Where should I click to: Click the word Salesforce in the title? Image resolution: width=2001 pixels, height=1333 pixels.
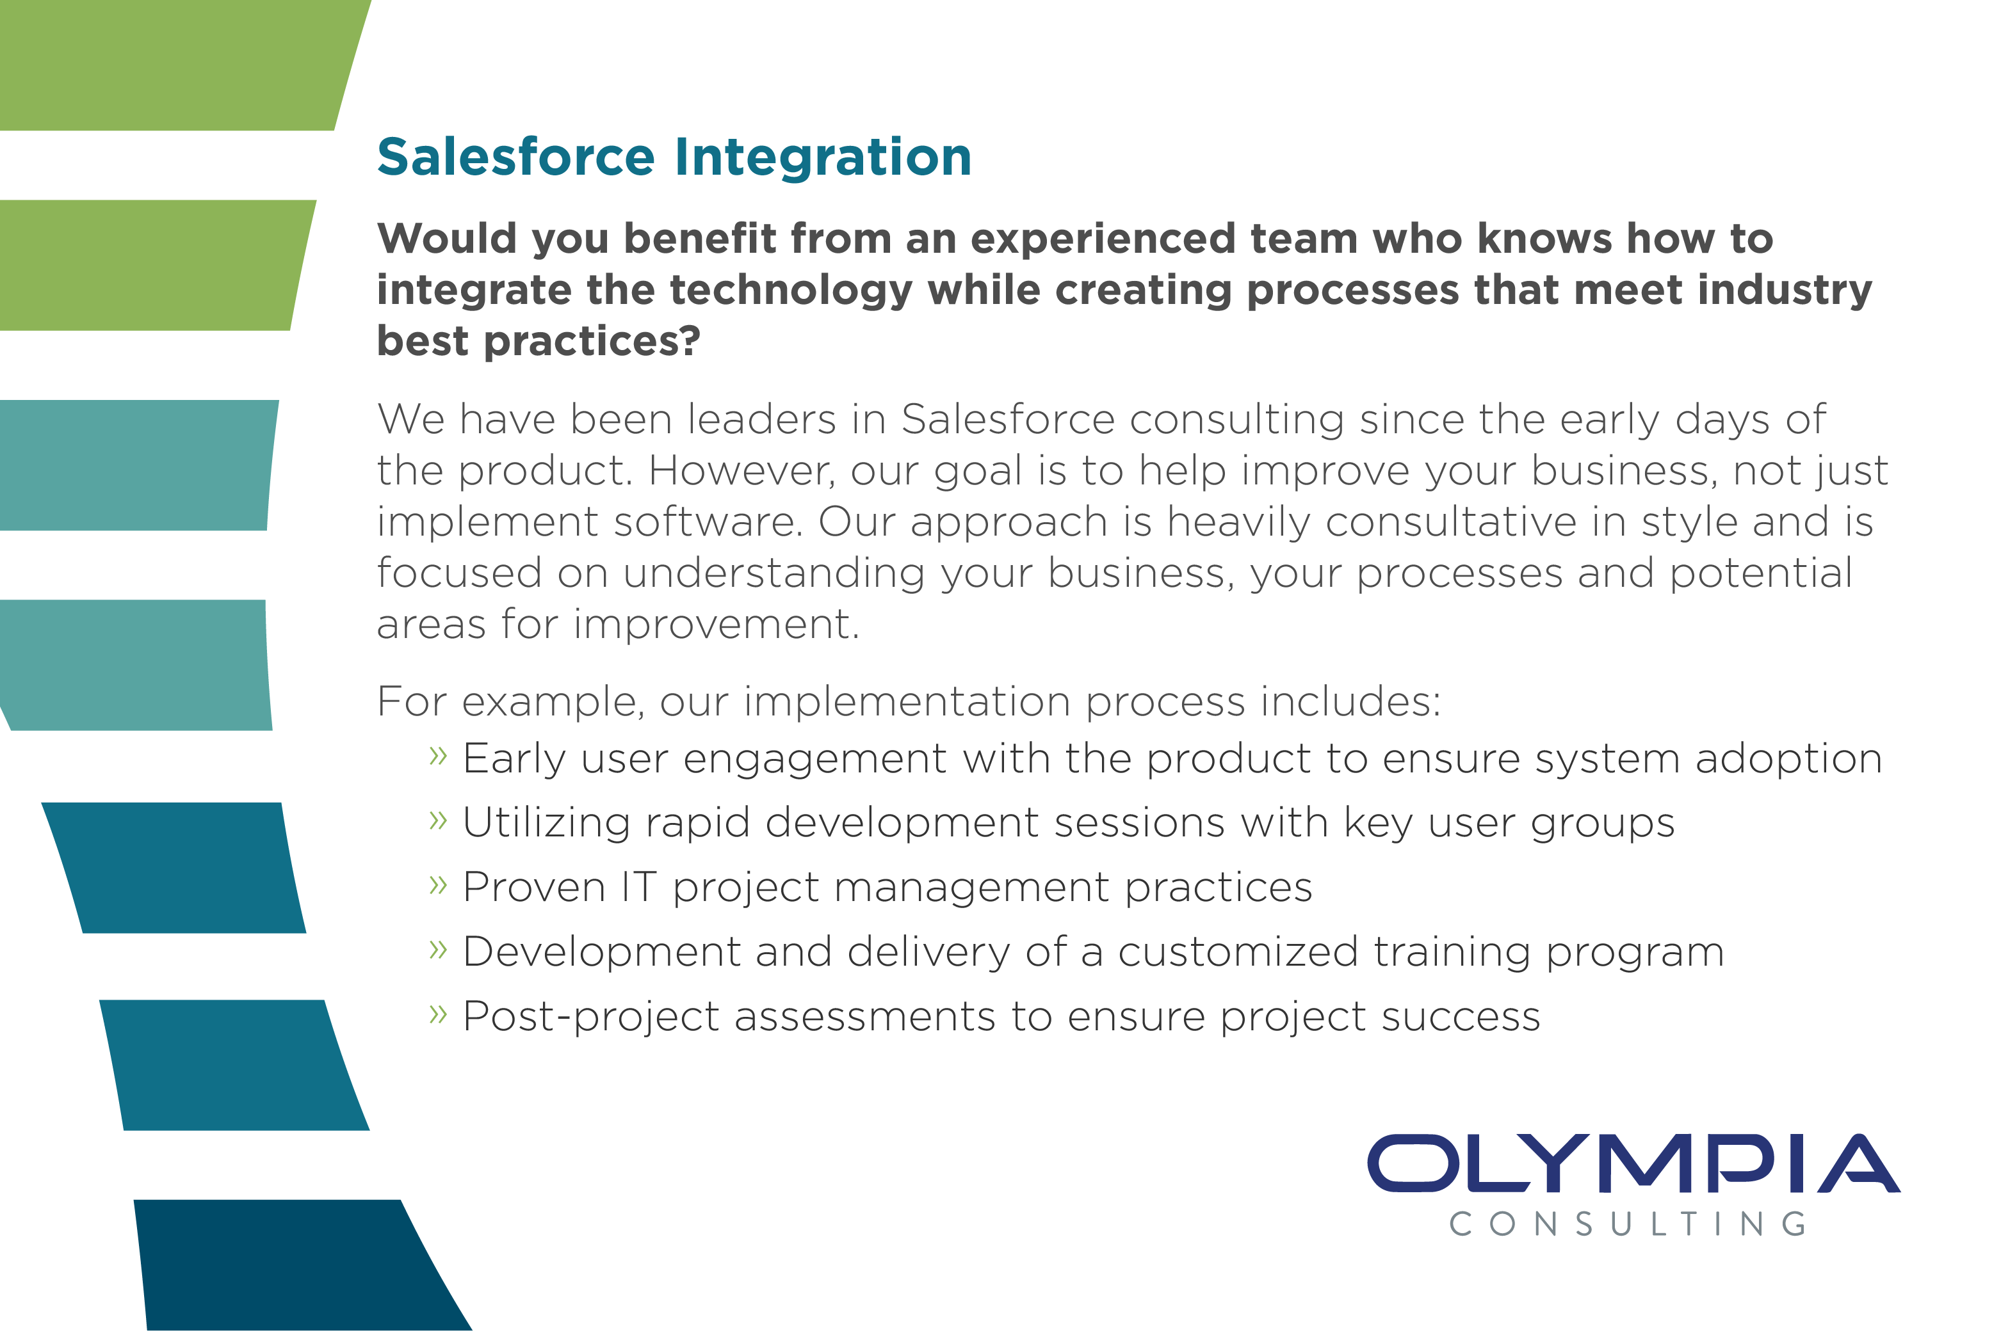(x=515, y=157)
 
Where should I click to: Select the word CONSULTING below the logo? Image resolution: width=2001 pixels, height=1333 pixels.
(x=1628, y=1225)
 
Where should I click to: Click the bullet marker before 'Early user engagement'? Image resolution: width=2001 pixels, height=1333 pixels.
(x=438, y=755)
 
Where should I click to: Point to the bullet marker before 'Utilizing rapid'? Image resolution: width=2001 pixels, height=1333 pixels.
(x=438, y=820)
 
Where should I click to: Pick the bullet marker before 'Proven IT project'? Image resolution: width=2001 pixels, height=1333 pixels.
(x=438, y=884)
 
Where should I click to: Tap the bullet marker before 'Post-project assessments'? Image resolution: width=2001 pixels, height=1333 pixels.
(x=438, y=1014)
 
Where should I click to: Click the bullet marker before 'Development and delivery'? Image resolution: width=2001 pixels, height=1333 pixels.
(x=438, y=949)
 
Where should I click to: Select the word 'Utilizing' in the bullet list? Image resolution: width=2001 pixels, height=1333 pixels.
(x=545, y=823)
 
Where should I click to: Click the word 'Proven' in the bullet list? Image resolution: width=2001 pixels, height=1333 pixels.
(x=533, y=888)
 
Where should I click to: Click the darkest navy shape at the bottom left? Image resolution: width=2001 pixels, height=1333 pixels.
(x=289, y=1265)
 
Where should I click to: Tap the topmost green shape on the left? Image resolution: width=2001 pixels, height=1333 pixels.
(x=170, y=65)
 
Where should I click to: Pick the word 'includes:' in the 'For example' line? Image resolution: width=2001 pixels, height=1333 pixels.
(x=1350, y=702)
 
